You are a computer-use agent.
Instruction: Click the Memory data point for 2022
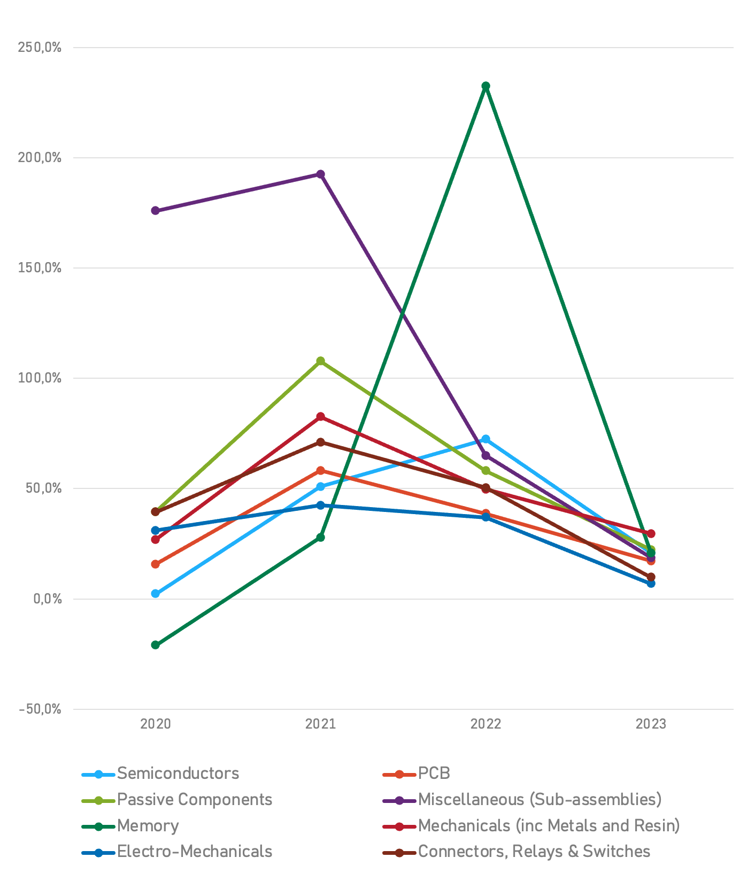click(486, 86)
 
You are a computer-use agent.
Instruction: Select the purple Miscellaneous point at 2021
click(320, 174)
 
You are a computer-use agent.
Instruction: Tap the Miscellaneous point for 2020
click(156, 211)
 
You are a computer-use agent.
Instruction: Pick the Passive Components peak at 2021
click(320, 361)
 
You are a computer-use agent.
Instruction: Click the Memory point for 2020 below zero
click(156, 645)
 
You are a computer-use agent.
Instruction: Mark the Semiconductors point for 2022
click(486, 439)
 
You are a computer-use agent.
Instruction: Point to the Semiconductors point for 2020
click(156, 594)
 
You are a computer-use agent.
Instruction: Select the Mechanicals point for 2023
click(651, 533)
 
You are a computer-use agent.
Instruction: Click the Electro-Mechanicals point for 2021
click(320, 505)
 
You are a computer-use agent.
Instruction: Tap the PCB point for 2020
click(156, 564)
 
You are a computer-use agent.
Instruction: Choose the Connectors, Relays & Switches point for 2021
click(320, 442)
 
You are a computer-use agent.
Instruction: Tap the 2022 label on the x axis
click(486, 724)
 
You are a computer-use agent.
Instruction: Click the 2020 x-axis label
click(156, 724)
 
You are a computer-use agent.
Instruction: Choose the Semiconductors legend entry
click(178, 774)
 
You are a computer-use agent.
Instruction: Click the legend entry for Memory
click(148, 826)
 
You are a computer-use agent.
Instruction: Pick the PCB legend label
click(434, 774)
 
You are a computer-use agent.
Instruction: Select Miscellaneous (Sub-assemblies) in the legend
click(540, 800)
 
